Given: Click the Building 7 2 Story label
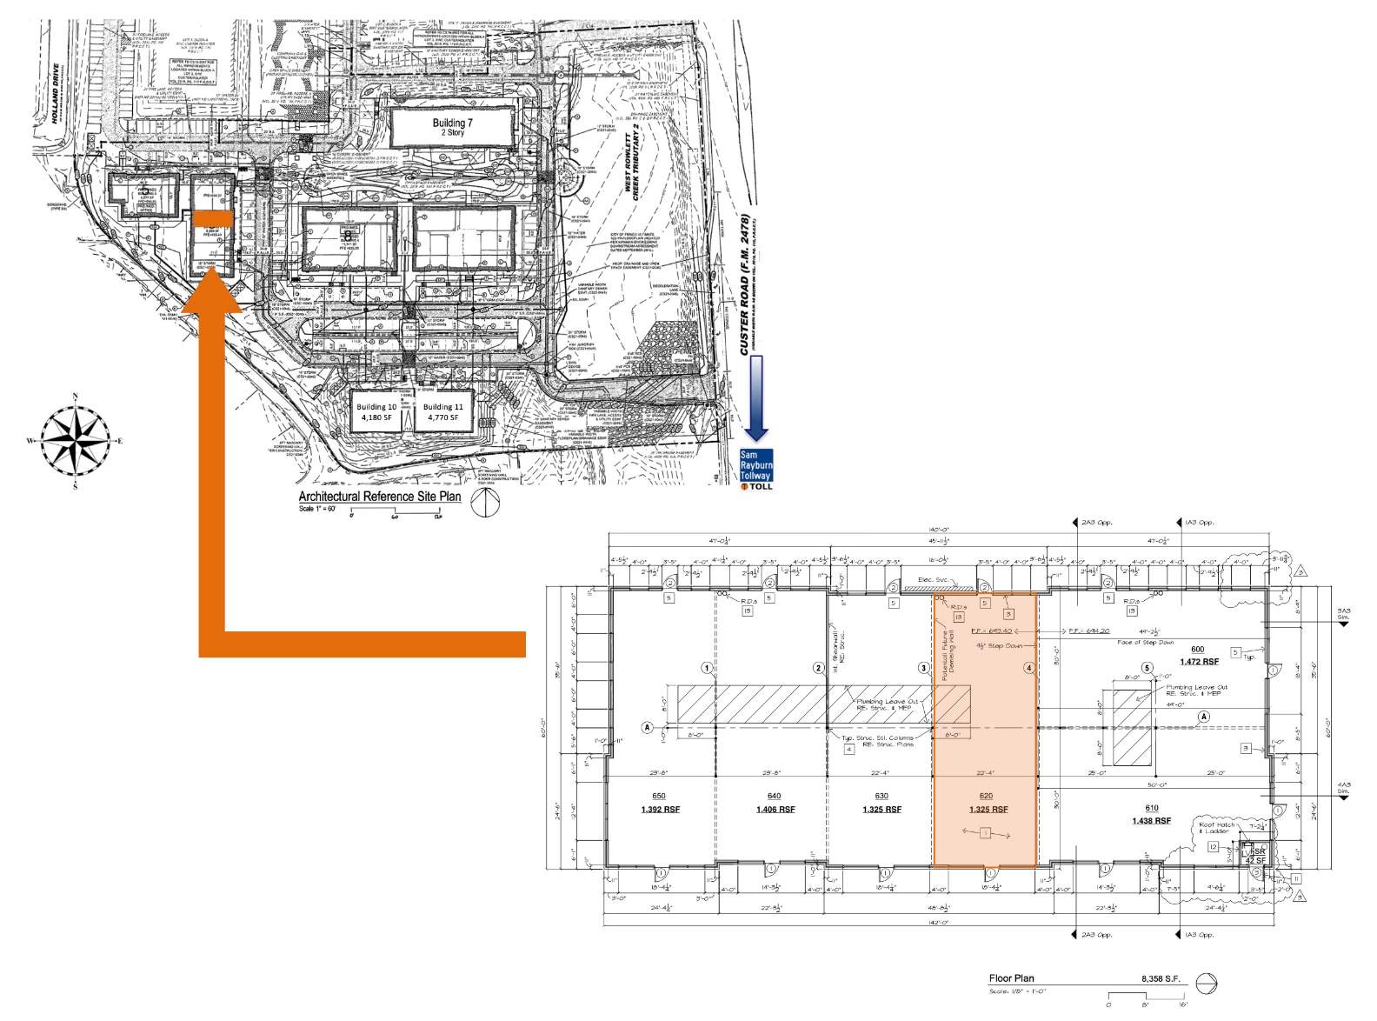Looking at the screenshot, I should click(x=453, y=128).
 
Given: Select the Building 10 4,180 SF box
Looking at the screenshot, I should click(x=376, y=412).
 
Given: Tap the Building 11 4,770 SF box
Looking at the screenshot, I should click(x=442, y=412).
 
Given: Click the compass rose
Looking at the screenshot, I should click(x=76, y=440).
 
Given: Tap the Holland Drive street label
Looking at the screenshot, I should click(x=55, y=94).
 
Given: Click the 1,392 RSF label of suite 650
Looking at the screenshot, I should click(x=660, y=810).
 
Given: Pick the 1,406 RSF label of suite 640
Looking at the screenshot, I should click(x=775, y=810).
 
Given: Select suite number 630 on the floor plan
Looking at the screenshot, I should click(x=881, y=796).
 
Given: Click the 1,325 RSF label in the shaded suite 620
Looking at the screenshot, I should click(x=988, y=810).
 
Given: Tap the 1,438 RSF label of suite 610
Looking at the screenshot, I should click(x=1151, y=821).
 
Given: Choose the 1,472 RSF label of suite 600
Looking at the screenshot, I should click(x=1199, y=662).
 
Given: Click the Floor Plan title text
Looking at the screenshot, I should click(x=1011, y=978).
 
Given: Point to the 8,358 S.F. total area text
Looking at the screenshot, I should click(x=1161, y=978).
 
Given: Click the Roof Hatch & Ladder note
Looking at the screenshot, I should click(x=1216, y=828).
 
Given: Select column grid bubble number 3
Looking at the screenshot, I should click(x=924, y=668).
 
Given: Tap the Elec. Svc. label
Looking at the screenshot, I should click(x=935, y=580).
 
